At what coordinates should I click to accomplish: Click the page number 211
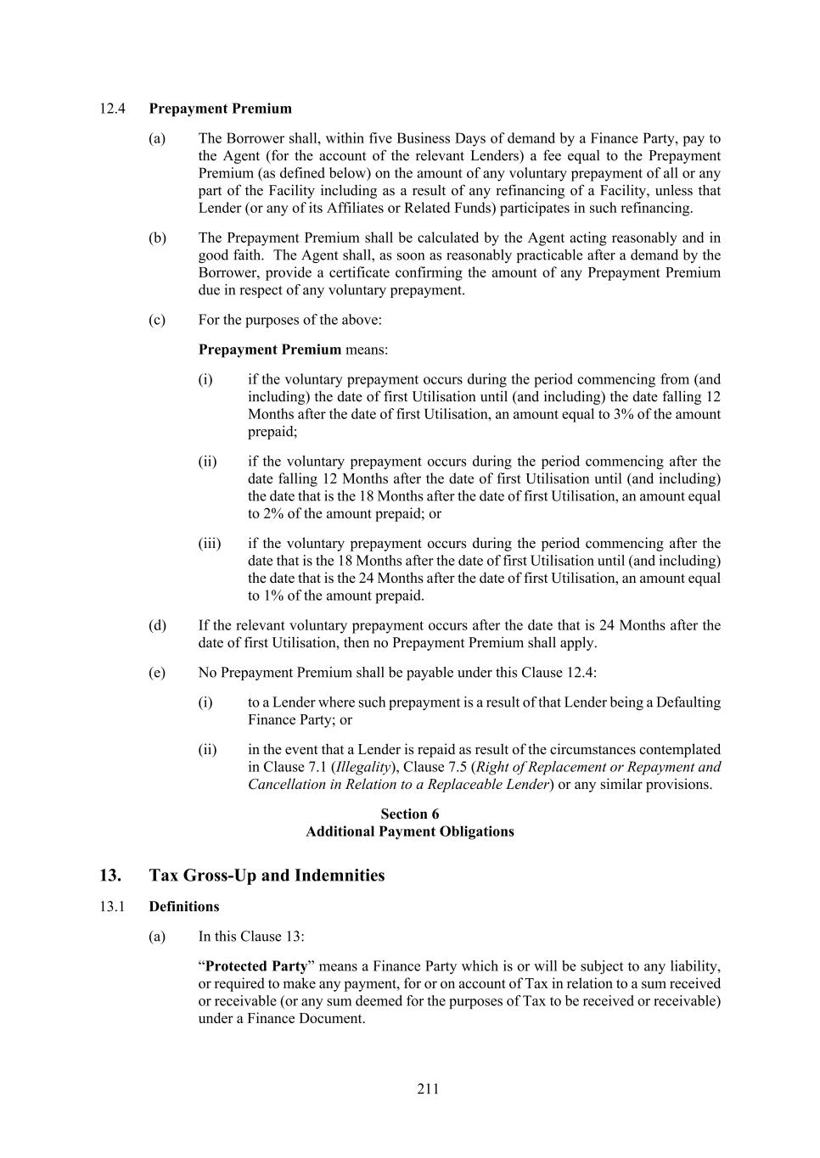coord(428,1088)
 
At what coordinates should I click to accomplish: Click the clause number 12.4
coord(112,109)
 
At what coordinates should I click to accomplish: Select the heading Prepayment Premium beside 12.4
coord(220,109)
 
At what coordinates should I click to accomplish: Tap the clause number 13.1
coord(112,906)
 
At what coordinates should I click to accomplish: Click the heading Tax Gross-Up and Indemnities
coord(267,875)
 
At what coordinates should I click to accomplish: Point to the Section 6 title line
coord(410,814)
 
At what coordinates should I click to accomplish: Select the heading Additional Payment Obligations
coord(410,831)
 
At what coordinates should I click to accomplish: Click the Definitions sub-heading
coord(184,906)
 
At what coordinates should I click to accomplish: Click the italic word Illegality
coord(363,767)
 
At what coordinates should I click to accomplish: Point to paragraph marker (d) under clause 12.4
coord(157,625)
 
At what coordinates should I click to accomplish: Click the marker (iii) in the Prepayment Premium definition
coord(210,543)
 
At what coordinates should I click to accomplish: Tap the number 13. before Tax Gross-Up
coord(110,875)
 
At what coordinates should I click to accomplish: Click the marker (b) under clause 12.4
coord(157,238)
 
